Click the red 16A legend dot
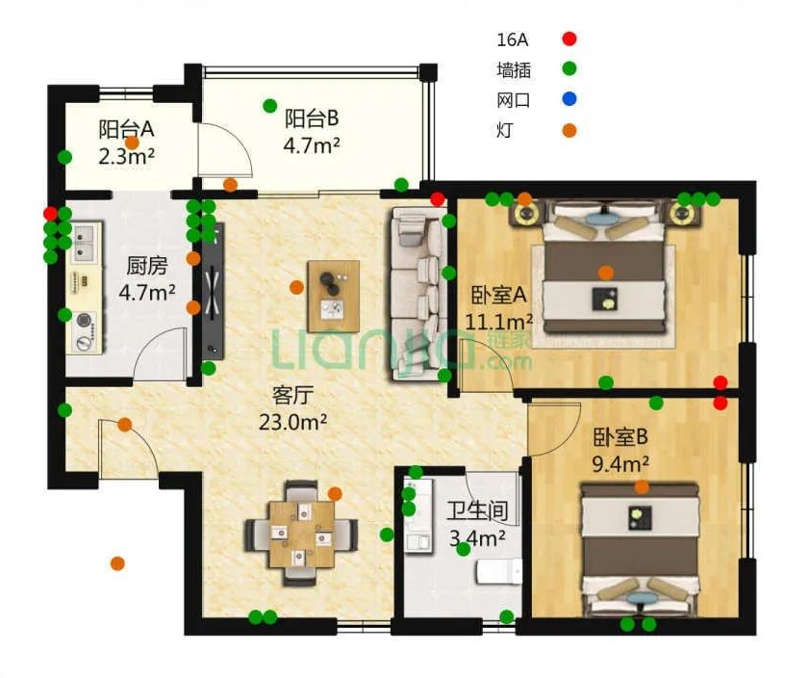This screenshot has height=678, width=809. [x=569, y=39]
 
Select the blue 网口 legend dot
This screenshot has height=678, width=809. [x=569, y=99]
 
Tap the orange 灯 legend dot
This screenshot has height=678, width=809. [x=569, y=131]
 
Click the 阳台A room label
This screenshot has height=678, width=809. [x=126, y=129]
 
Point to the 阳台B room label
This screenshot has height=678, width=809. [x=312, y=118]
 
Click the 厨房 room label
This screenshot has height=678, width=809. [x=147, y=266]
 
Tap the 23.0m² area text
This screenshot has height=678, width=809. [x=292, y=423]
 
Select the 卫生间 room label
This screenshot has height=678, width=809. [x=477, y=511]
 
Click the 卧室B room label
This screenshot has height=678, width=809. [x=619, y=437]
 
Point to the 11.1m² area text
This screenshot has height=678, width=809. [x=499, y=323]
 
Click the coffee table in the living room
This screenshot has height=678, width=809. [x=333, y=297]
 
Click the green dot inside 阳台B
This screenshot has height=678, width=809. [x=270, y=105]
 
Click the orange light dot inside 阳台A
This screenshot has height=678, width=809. [x=133, y=143]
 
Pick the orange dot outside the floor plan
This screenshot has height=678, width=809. [x=117, y=563]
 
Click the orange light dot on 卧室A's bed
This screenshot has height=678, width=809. [x=606, y=273]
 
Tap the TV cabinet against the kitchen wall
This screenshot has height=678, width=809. [x=213, y=291]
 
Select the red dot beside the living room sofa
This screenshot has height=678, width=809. [x=438, y=198]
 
